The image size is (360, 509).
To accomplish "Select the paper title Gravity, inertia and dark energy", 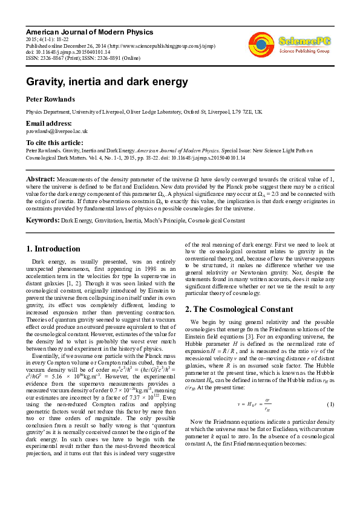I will pyautogui.click(x=106, y=82).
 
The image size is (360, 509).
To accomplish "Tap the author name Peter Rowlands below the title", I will pyautogui.click(x=50, y=99).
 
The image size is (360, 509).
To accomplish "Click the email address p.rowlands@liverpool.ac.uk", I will pyautogui.click(x=57, y=131).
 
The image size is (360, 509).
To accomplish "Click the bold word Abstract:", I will pyautogui.click(x=40, y=180).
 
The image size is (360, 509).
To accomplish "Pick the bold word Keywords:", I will pyautogui.click(x=42, y=221).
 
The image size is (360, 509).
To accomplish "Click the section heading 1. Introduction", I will pyautogui.click(x=54, y=248).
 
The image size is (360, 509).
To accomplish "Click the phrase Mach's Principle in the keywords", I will pyautogui.click(x=171, y=221).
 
